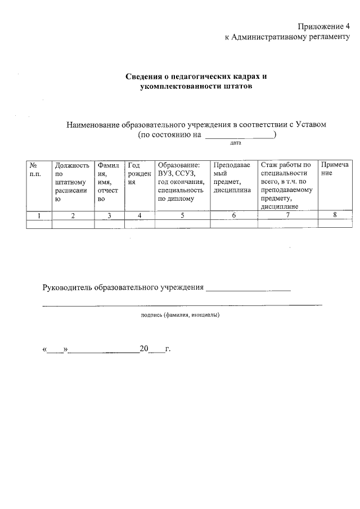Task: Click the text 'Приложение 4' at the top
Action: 323,26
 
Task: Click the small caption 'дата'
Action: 236,144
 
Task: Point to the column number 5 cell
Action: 182,215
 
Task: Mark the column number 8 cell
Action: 334,215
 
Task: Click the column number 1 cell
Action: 39,215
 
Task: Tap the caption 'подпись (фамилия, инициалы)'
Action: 180,315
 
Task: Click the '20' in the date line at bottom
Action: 144,349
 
